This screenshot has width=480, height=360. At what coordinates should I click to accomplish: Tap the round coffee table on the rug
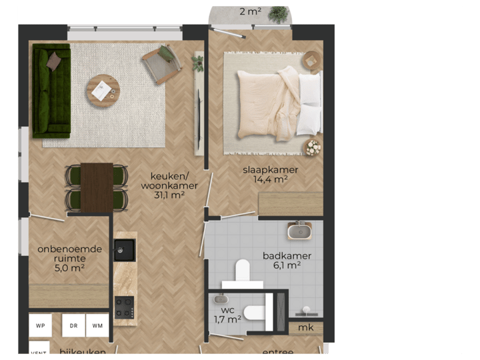click(x=103, y=89)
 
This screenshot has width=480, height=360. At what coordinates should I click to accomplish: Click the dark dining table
click(x=97, y=187)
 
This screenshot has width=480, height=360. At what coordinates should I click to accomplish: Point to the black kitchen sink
click(x=124, y=250)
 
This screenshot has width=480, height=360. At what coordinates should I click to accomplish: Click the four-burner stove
click(x=125, y=307)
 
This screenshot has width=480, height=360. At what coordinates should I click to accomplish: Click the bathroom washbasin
click(x=299, y=231)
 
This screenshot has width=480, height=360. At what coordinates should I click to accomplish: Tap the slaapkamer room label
click(x=270, y=169)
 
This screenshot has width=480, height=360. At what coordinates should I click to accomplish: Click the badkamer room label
click(x=287, y=255)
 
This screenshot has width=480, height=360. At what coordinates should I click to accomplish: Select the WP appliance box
click(x=41, y=325)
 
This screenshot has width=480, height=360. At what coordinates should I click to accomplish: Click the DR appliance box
click(x=73, y=325)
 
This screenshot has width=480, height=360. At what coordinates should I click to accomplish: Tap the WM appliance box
click(x=97, y=325)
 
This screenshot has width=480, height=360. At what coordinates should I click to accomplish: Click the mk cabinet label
click(x=306, y=328)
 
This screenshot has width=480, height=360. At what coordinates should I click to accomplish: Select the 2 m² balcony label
click(x=251, y=11)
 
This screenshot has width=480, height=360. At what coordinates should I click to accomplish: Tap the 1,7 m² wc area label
click(x=227, y=319)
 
